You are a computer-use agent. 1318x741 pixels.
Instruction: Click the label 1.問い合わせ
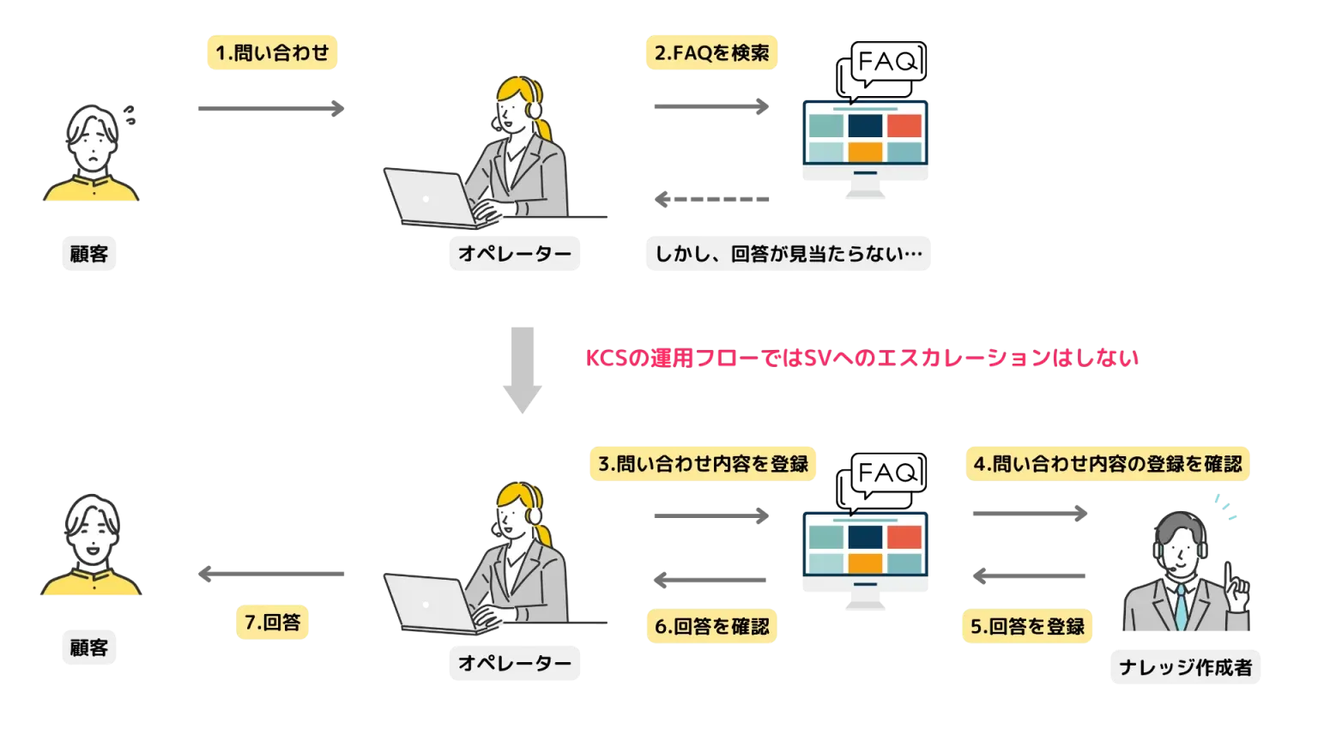click(x=274, y=53)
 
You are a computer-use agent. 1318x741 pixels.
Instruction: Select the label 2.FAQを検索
click(x=712, y=53)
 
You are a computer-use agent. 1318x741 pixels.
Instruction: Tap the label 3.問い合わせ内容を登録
click(x=703, y=464)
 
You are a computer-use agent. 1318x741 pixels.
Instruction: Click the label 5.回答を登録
click(x=1027, y=626)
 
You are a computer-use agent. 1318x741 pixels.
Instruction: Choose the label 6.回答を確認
click(x=711, y=626)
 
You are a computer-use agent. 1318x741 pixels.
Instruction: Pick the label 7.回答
click(x=271, y=624)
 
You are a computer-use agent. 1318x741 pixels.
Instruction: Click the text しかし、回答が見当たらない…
click(x=788, y=255)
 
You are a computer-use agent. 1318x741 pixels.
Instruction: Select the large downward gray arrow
click(x=521, y=369)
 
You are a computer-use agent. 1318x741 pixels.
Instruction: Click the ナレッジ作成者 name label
click(x=1185, y=667)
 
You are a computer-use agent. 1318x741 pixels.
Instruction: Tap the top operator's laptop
click(x=429, y=197)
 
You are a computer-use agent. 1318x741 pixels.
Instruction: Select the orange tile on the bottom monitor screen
click(x=864, y=563)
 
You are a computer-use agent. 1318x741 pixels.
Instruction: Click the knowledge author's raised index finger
click(x=1230, y=574)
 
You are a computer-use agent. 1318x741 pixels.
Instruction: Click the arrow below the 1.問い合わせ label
click(x=270, y=109)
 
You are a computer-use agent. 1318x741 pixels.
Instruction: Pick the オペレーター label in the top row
click(x=514, y=255)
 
